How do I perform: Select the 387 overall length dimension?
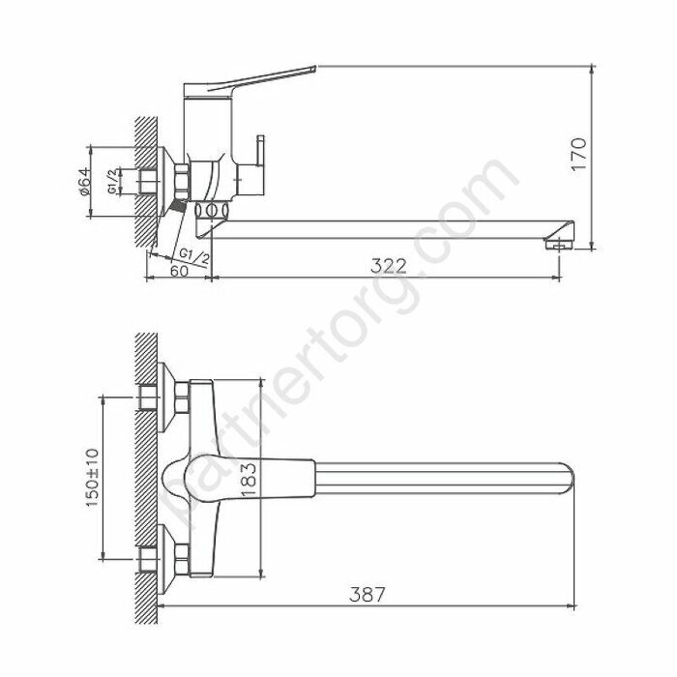pyautogui.click(x=368, y=595)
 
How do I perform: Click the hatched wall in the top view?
pyautogui.click(x=146, y=474)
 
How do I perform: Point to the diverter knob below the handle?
pyautogui.click(x=259, y=160)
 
